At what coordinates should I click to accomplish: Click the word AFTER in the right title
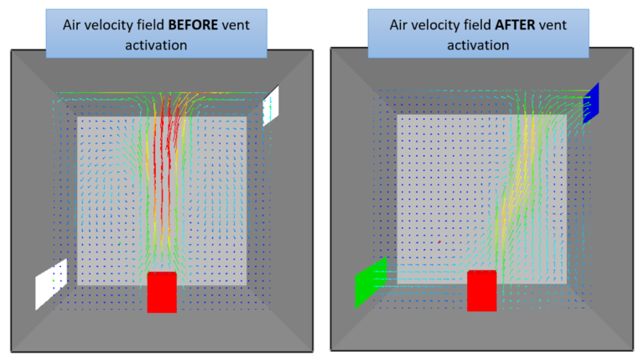pos(518,24)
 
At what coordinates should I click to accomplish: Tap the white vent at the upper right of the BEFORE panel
pos(270,107)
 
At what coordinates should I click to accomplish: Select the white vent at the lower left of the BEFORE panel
pos(51,284)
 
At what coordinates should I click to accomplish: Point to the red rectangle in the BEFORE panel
pos(162,292)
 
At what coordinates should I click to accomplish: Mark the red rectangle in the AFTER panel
pos(482,290)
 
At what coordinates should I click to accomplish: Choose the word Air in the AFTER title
pos(400,24)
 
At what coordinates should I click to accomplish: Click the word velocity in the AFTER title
pos(439,24)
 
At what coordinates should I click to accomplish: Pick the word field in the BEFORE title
pos(157,24)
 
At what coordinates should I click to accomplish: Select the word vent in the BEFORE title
pos(243,24)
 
